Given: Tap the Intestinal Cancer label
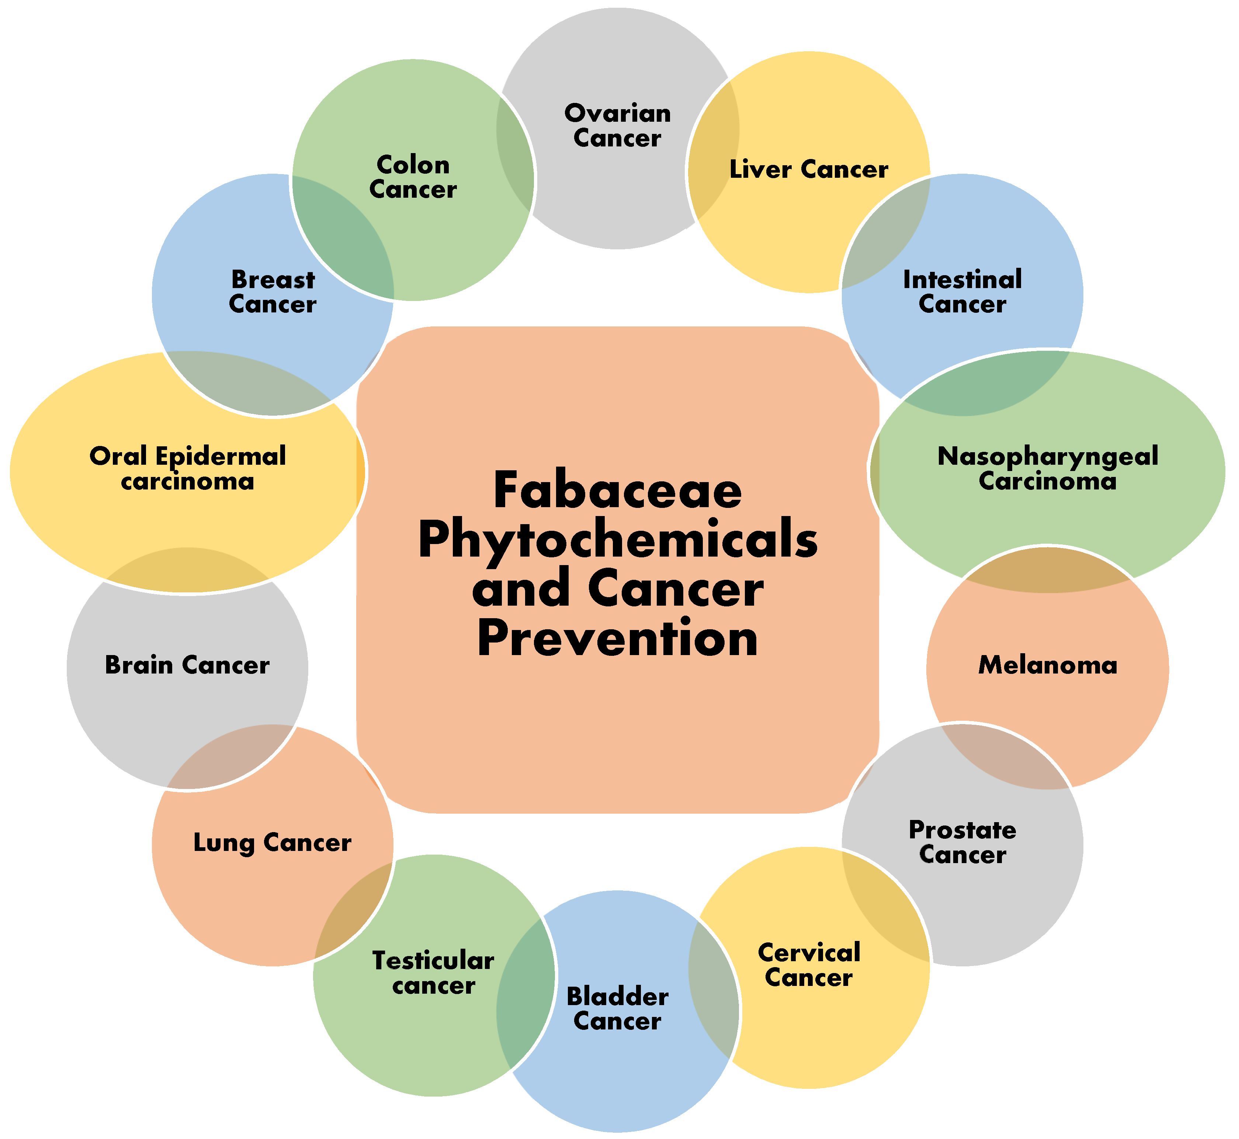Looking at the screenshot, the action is coord(962,291).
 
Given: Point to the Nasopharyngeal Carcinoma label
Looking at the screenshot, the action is coord(1047,468).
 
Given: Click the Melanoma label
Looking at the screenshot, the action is coord(1047,665).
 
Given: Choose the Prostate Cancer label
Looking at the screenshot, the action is coord(962,842).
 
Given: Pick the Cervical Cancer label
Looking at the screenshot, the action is coord(809,965).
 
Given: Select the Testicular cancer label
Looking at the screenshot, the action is coord(433,973).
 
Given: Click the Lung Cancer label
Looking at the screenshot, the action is coord(272,842).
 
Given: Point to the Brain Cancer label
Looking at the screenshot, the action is coord(187,665).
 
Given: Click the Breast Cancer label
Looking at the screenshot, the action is coord(272,291).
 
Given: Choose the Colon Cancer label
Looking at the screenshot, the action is coord(413,177).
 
